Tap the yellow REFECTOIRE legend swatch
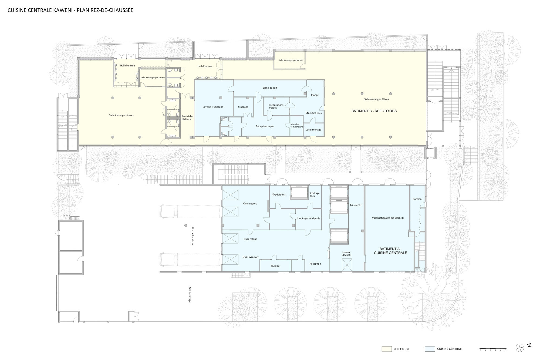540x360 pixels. (x=386, y=349)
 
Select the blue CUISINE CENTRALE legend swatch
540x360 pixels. (x=430, y=349)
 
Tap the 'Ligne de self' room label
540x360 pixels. (x=270, y=88)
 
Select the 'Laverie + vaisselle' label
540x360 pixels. (x=213, y=107)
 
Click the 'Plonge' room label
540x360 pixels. (x=315, y=95)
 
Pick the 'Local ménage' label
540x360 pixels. (x=313, y=130)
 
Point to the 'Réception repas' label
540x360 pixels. (x=265, y=126)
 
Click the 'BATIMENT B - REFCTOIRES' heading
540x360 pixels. (x=374, y=111)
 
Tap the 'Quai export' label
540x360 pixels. (x=250, y=204)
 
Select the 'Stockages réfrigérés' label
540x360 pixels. (x=308, y=218)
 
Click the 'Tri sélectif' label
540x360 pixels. (x=356, y=205)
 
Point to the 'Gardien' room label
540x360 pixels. (x=417, y=199)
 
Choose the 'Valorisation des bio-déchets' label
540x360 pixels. (x=388, y=218)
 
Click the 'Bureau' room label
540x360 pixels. (x=275, y=266)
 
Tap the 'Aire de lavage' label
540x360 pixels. (x=190, y=295)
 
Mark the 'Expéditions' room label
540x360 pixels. (x=279, y=194)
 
